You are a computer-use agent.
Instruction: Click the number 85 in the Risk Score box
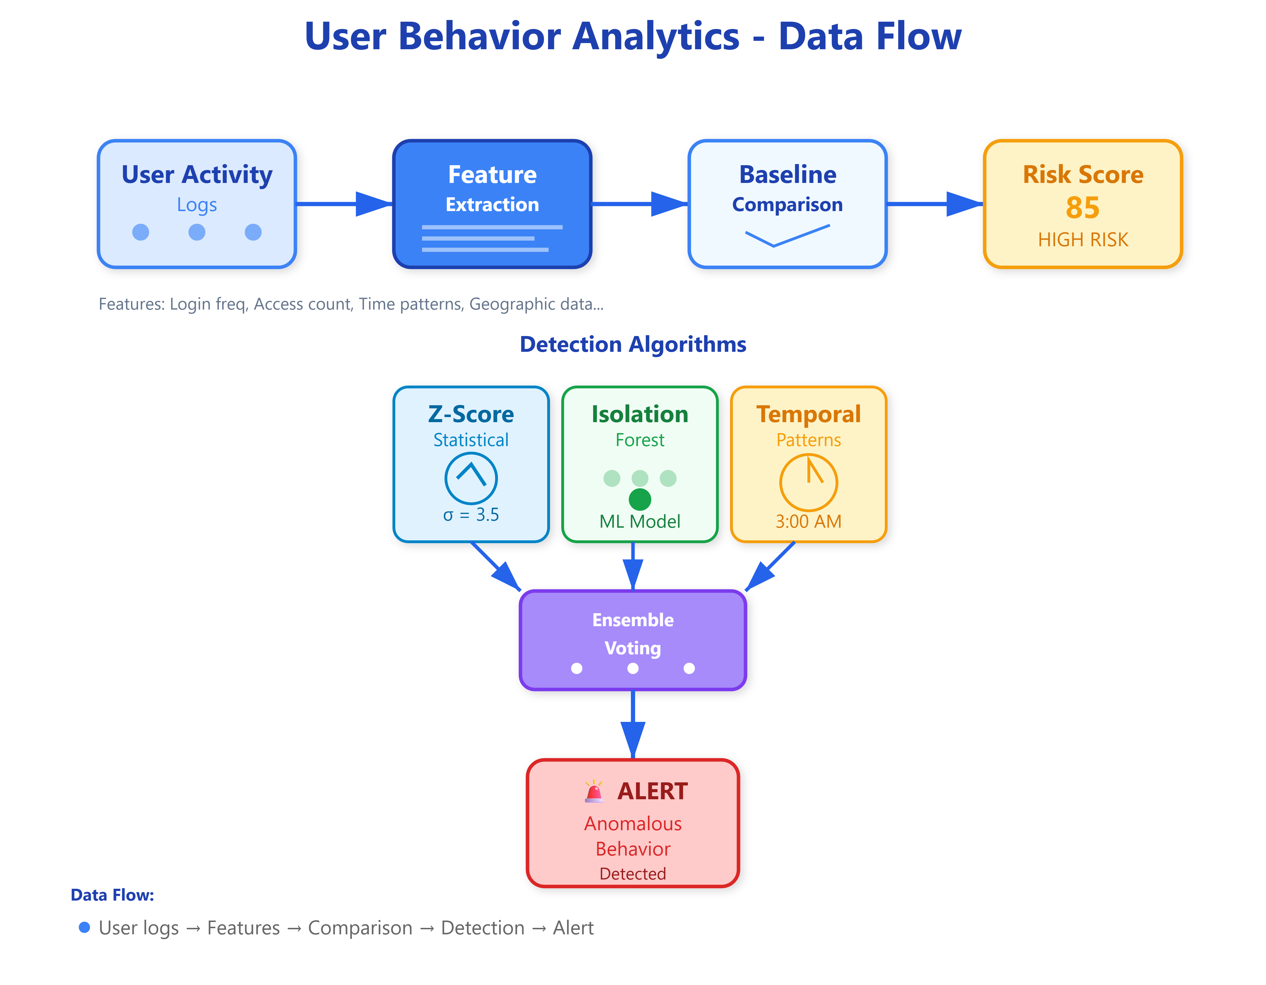1082,207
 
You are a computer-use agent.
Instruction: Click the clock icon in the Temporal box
809,482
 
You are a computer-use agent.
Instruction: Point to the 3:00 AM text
809,521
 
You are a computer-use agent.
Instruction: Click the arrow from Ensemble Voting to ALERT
633,724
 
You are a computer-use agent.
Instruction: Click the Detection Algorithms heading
633,344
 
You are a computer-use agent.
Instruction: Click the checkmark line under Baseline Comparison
788,235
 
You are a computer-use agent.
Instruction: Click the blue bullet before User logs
85,927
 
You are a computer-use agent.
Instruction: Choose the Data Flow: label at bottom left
113,895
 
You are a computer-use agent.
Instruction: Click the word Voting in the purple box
633,648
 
